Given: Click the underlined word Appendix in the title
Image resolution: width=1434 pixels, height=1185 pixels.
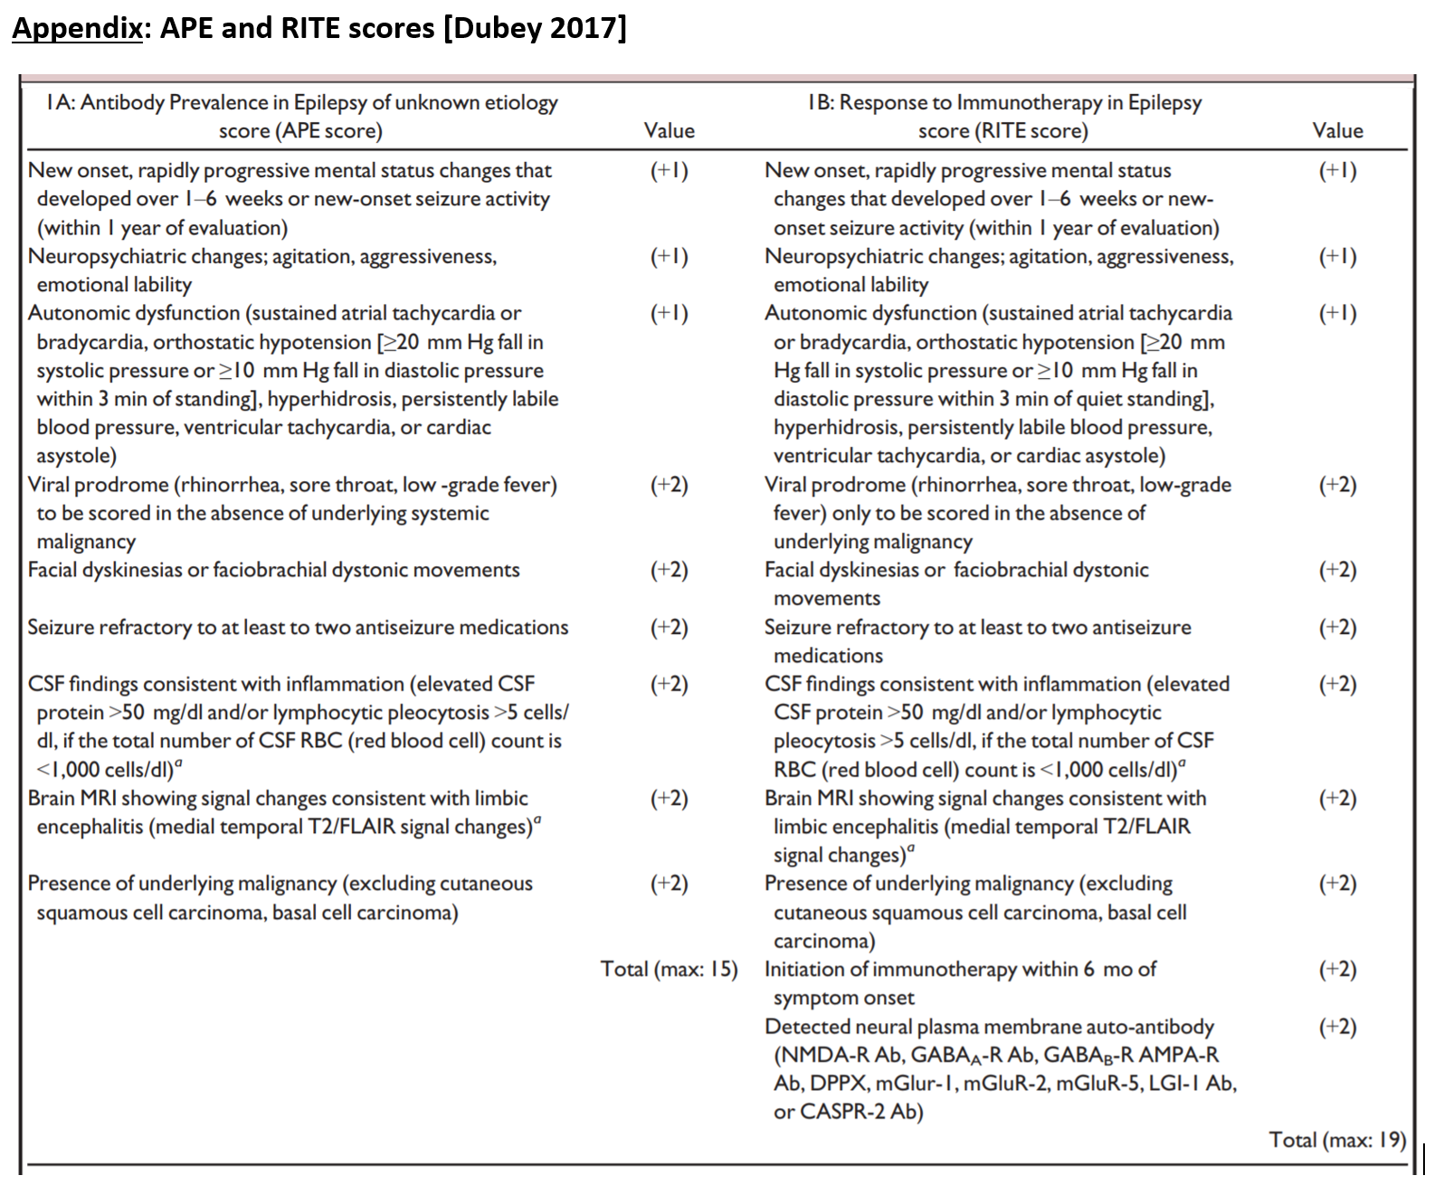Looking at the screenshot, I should (77, 29).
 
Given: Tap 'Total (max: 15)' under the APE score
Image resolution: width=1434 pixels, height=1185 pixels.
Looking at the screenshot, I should (669, 970).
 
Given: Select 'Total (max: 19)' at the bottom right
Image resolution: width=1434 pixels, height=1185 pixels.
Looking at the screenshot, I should (1337, 1140).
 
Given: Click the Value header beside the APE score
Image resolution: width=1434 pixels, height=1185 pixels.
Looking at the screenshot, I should (670, 131).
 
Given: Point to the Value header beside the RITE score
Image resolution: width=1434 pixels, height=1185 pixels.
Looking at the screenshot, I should (1337, 131).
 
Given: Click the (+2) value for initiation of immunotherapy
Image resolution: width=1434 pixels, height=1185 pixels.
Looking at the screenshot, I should (1337, 970).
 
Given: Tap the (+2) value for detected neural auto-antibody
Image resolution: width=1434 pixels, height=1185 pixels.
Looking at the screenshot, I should (1337, 1027).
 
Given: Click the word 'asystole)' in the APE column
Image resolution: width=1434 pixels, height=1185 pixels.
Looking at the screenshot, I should (77, 456).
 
